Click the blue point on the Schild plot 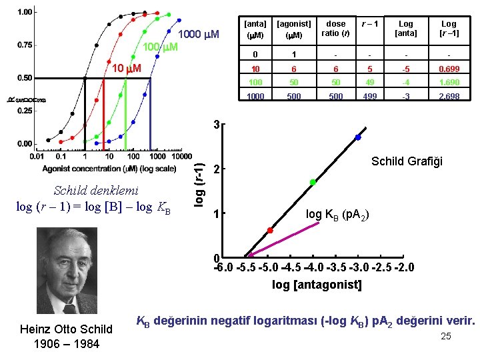point(358,137)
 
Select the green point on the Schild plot point(313,182)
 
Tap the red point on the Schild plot point(270,231)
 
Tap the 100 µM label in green point(161,47)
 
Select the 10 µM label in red point(125,69)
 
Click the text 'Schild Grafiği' point(407,161)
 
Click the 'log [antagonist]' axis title point(317,285)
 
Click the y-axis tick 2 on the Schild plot point(216,169)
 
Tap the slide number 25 point(446,336)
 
